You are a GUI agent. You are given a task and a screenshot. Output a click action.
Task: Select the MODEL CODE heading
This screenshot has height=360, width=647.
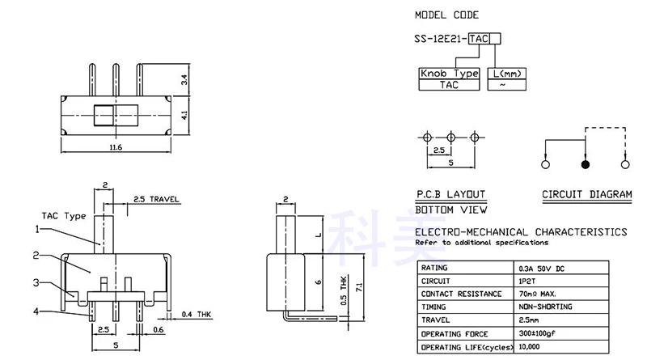click(x=446, y=15)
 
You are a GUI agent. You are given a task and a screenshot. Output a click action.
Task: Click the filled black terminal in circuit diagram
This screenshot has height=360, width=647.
click(x=586, y=165)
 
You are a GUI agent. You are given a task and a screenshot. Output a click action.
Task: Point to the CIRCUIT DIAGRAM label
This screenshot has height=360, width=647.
click(x=586, y=195)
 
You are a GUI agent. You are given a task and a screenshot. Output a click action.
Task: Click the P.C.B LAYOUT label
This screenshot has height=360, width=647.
click(x=450, y=195)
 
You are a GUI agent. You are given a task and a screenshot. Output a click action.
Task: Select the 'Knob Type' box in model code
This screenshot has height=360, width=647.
click(x=448, y=74)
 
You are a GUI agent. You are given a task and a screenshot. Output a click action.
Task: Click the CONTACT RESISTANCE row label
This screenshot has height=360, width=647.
click(x=458, y=294)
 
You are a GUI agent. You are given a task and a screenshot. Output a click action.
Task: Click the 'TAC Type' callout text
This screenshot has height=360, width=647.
click(x=63, y=216)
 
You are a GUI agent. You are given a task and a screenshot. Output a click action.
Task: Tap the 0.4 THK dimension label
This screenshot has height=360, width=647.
click(x=198, y=314)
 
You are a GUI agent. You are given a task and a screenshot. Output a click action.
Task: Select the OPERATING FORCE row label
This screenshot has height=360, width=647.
click(x=455, y=334)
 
